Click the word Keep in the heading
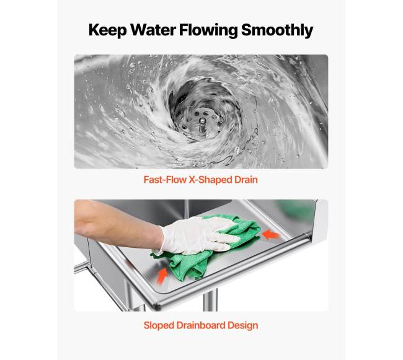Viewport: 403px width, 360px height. (107, 30)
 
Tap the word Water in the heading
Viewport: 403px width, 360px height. (153, 30)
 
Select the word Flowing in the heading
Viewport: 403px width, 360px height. (208, 30)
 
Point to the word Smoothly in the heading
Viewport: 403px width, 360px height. (277, 30)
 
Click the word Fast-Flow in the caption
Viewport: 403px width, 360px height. (165, 180)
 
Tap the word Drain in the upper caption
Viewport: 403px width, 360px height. (246, 180)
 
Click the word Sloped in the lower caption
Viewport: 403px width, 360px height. (157, 325)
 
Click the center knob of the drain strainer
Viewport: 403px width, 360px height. (202, 121)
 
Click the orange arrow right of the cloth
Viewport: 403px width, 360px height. (271, 235)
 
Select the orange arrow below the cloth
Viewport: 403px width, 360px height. (162, 276)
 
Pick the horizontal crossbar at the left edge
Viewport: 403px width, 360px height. (81, 267)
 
